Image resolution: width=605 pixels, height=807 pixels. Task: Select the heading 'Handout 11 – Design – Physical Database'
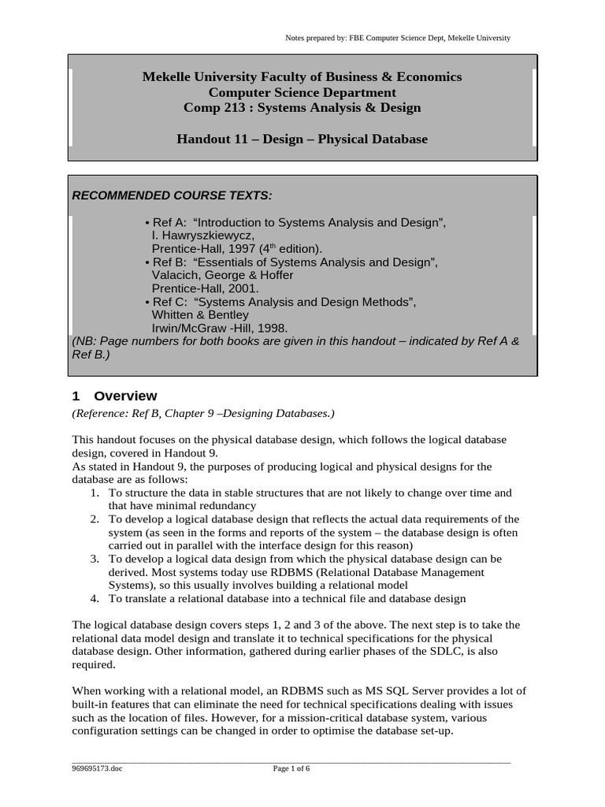[302, 139]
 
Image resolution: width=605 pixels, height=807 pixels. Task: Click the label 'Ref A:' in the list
[168, 223]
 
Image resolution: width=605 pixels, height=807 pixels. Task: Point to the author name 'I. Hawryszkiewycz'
[202, 236]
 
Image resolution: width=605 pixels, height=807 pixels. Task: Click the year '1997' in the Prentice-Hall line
[242, 249]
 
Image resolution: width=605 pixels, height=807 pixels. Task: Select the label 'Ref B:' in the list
[168, 262]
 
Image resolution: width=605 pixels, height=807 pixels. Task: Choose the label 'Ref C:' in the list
[168, 301]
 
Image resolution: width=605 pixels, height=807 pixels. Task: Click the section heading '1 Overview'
[114, 396]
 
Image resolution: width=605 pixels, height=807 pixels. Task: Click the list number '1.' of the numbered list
[94, 493]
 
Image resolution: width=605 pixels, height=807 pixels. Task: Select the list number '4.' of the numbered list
[94, 599]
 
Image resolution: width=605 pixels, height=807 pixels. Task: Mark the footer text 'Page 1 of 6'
[291, 770]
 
